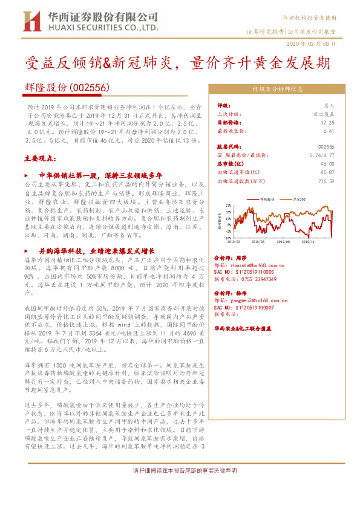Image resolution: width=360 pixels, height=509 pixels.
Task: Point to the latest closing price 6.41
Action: click(x=329, y=131)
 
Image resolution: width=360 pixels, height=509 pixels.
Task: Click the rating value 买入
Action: click(x=328, y=105)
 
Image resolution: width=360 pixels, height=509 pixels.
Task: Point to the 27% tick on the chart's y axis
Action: click(x=229, y=206)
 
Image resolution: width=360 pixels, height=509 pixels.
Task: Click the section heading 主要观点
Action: click(x=39, y=159)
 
